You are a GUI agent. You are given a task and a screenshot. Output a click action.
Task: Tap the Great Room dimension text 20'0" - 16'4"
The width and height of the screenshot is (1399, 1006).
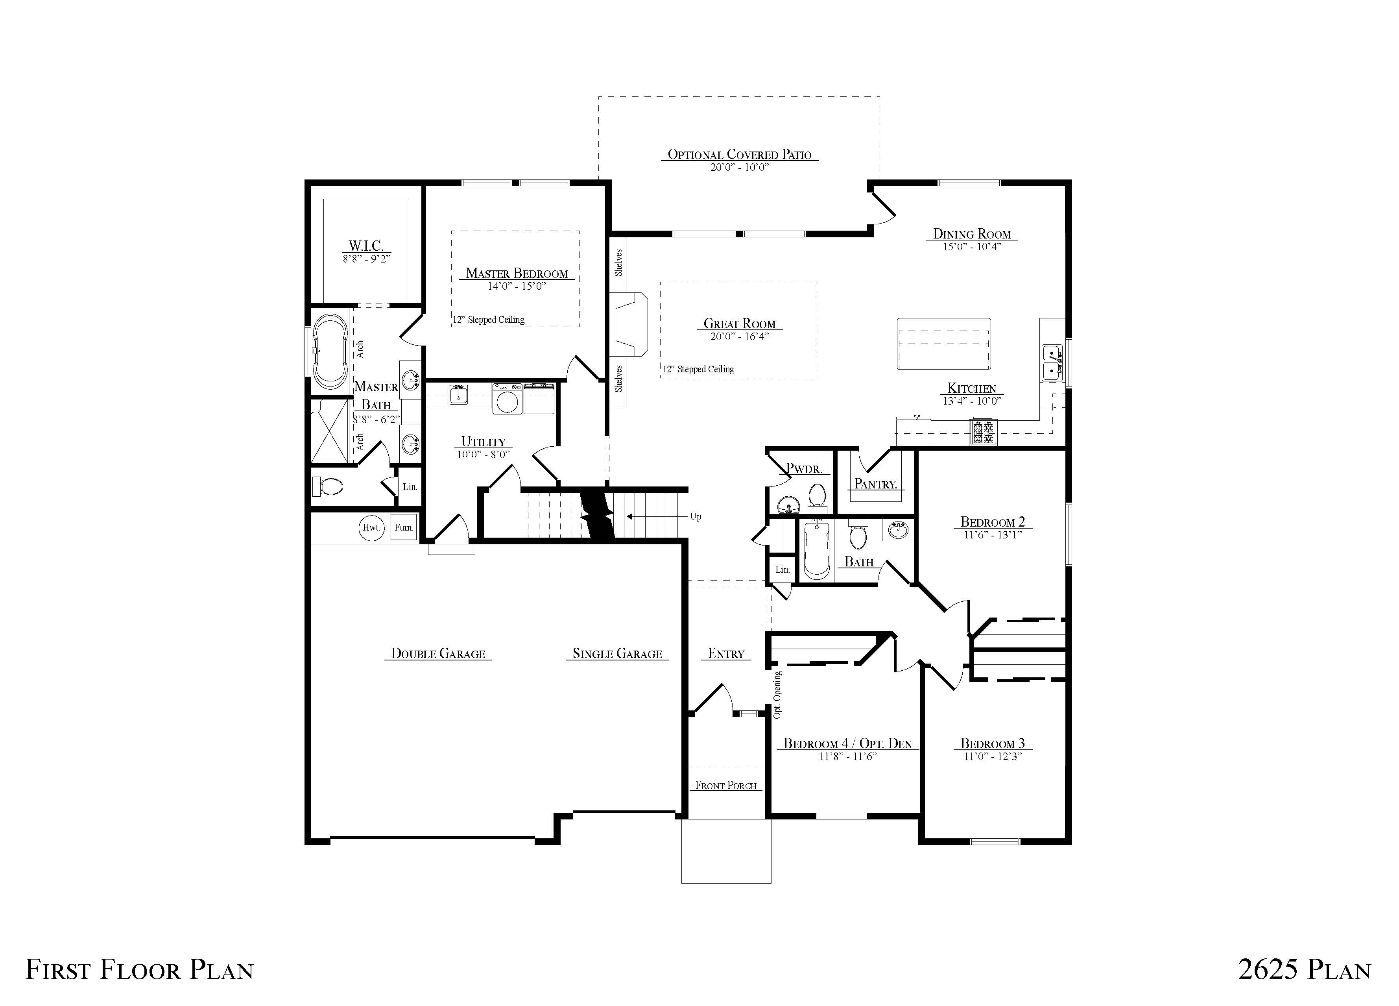click(x=740, y=337)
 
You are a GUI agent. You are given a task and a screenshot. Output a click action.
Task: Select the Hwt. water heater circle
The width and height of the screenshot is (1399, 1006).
click(x=371, y=528)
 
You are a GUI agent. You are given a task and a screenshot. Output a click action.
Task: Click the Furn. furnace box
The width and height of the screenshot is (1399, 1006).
click(x=404, y=528)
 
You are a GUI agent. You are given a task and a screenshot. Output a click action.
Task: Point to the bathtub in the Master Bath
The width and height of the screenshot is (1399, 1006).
click(x=330, y=352)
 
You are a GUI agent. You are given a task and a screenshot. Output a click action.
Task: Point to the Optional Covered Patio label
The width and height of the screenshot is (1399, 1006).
click(x=740, y=154)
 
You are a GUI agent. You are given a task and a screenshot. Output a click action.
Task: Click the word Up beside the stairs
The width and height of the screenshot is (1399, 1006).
click(x=695, y=516)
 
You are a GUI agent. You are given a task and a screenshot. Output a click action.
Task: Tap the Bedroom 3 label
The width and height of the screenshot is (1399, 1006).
click(x=993, y=744)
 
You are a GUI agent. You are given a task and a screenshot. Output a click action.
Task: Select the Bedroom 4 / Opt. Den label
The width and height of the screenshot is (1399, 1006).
click(x=847, y=744)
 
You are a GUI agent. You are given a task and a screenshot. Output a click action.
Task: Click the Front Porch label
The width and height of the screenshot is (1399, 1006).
click(x=726, y=786)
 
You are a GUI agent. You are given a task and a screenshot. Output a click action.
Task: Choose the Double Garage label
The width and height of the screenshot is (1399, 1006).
click(x=438, y=654)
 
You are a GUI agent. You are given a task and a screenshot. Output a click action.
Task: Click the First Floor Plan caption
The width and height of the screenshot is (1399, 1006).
click(x=139, y=969)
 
